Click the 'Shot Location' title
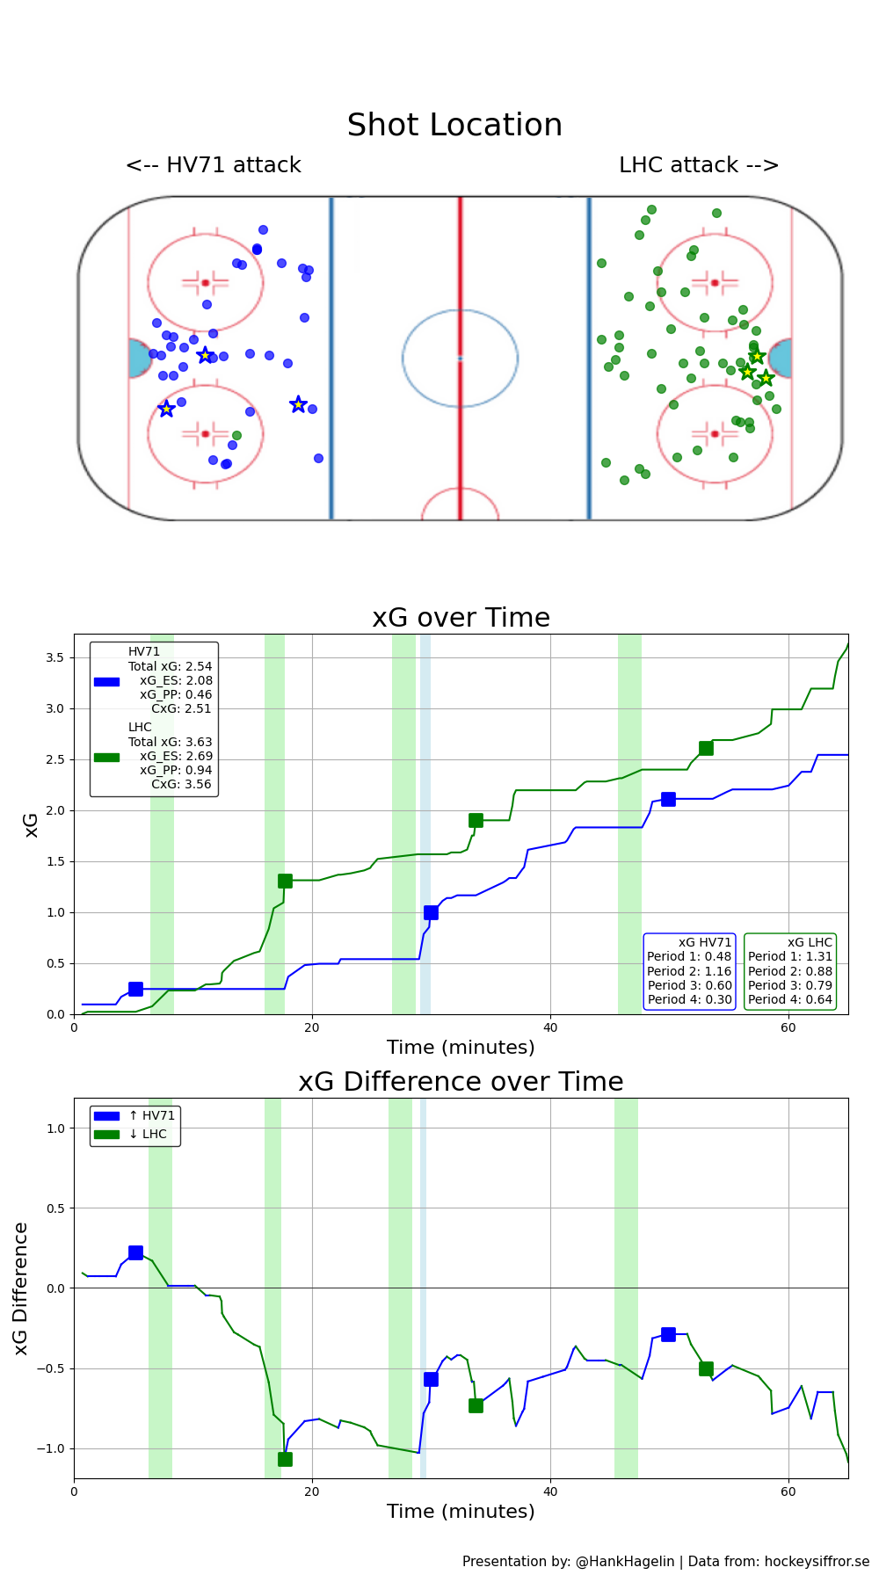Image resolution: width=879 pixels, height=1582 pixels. (x=454, y=126)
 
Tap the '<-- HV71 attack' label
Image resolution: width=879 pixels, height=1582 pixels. (x=214, y=165)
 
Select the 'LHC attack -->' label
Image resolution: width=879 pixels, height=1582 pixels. (x=699, y=165)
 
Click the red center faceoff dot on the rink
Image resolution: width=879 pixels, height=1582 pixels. (x=460, y=358)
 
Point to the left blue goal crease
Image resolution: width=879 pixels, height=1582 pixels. (x=139, y=359)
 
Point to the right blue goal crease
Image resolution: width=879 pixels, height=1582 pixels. (x=781, y=359)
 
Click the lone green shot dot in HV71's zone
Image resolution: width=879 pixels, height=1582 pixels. (x=236, y=435)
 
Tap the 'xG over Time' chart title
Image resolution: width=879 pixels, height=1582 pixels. (x=461, y=618)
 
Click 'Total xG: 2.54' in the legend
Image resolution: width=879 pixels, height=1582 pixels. (x=170, y=666)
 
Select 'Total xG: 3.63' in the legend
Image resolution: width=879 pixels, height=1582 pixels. (x=170, y=742)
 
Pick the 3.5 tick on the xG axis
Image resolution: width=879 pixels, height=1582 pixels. (x=54, y=657)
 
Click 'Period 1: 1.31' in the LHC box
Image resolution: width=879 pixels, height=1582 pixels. (x=789, y=956)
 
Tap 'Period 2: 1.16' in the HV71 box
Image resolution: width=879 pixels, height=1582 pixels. (x=689, y=971)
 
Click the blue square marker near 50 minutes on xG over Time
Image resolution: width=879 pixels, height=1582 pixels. (x=668, y=799)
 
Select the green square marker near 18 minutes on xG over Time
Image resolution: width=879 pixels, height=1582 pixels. (x=285, y=881)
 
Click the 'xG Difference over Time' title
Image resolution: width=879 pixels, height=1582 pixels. (x=461, y=1082)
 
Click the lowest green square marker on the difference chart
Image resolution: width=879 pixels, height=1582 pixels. (x=285, y=1459)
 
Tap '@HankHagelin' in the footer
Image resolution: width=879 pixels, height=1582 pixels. (x=625, y=1562)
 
